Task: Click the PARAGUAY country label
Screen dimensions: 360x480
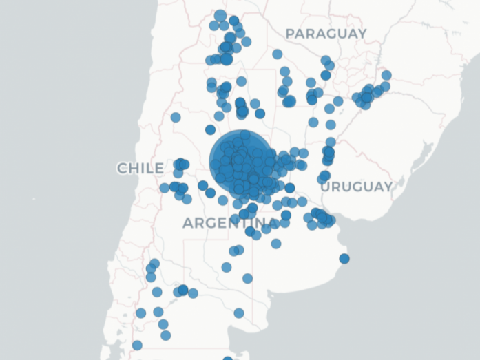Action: point(326,33)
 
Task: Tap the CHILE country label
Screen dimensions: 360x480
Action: point(140,168)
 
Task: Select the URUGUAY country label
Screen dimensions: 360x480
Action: point(357,187)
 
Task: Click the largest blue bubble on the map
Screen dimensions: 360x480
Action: point(238,160)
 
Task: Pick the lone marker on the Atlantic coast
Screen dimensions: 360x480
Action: point(344,259)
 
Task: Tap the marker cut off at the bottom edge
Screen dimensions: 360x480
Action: point(228,359)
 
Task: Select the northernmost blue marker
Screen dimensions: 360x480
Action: point(220,15)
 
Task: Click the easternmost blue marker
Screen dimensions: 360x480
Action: point(386,75)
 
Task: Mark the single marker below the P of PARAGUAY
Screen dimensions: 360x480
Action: point(277,54)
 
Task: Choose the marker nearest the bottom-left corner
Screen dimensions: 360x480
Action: point(137,346)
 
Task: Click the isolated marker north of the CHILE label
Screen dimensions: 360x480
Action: point(176,117)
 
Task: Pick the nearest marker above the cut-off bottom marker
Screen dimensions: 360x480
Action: point(239,313)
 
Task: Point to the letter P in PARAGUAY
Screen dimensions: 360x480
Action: point(290,33)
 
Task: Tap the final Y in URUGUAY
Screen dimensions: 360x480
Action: point(388,187)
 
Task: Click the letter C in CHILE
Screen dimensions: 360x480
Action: point(122,168)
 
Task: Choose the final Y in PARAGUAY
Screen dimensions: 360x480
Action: point(362,33)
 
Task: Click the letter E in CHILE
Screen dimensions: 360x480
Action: point(159,168)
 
